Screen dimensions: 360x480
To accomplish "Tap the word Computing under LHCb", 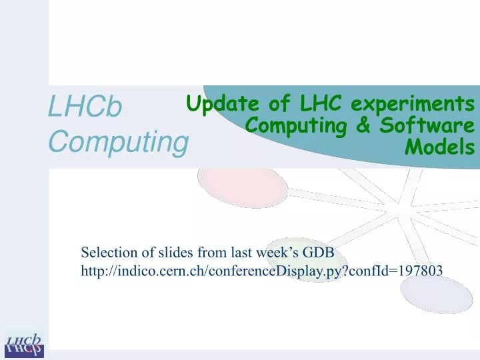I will click(117, 142).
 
